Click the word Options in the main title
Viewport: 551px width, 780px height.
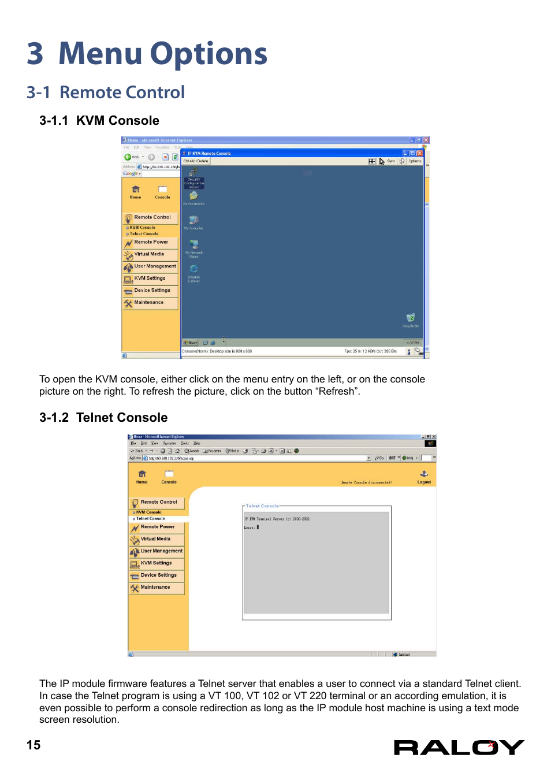[209, 54]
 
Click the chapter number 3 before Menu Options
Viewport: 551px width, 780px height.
[35, 54]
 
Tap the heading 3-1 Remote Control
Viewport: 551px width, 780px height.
[106, 92]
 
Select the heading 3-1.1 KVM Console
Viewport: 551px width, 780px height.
[99, 121]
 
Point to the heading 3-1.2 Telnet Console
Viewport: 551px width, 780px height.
[103, 418]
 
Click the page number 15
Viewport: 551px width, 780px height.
[33, 745]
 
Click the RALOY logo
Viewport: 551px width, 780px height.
[459, 748]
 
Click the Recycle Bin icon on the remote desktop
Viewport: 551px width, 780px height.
[411, 318]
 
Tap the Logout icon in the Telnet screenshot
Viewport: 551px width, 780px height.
[424, 475]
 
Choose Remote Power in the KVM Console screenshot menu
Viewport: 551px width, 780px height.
[151, 242]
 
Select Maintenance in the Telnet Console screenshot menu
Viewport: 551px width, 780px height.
[155, 587]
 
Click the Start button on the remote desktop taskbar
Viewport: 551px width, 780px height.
[191, 343]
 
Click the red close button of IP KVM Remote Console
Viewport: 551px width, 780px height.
[420, 153]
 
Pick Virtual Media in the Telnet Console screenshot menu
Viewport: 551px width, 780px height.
[155, 538]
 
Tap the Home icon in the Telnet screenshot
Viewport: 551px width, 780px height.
[142, 476]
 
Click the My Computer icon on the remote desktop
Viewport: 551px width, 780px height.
[193, 221]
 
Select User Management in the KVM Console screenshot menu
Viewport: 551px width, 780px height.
[155, 266]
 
